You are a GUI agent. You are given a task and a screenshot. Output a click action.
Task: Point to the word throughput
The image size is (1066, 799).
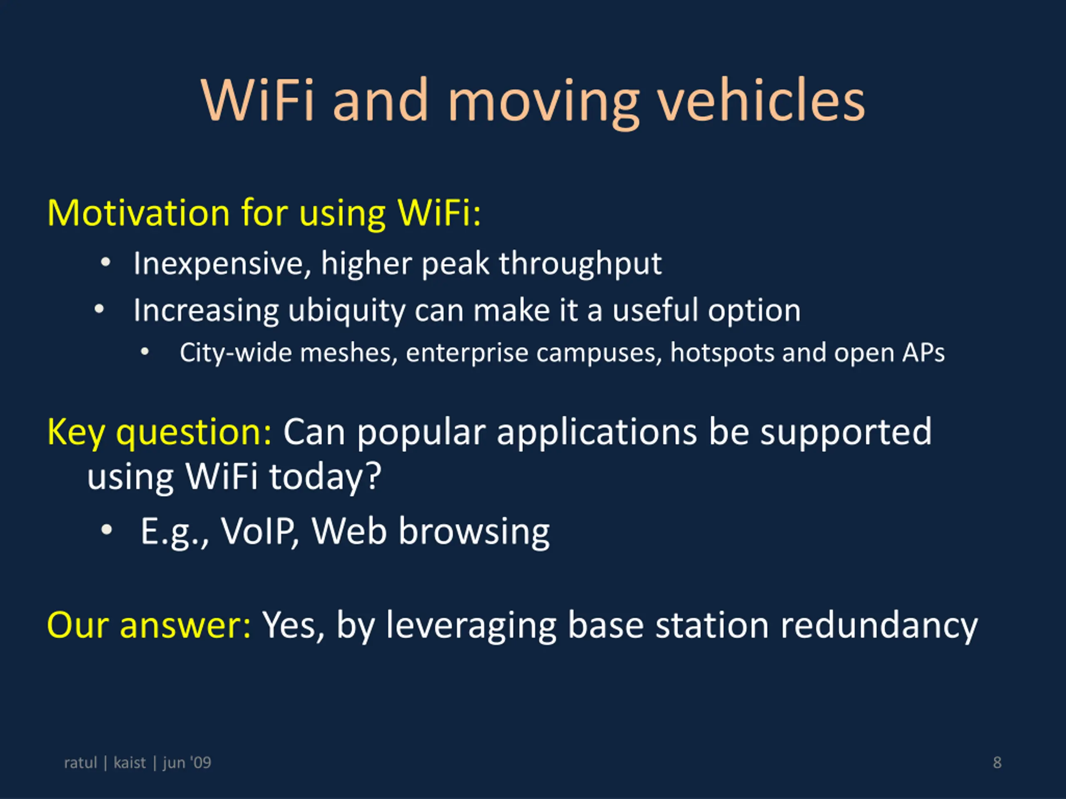(x=580, y=264)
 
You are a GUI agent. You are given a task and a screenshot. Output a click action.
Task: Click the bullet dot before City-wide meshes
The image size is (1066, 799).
(x=144, y=352)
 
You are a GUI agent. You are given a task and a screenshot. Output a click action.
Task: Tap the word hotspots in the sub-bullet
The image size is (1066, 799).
(x=722, y=353)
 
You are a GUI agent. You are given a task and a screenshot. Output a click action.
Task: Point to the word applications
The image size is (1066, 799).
(x=597, y=432)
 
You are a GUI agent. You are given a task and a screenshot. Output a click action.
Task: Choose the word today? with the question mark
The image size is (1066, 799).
(x=325, y=477)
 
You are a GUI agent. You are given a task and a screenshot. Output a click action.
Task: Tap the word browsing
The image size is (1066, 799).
(x=474, y=532)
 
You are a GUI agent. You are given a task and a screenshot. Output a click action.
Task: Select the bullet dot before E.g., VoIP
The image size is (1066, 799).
(x=107, y=530)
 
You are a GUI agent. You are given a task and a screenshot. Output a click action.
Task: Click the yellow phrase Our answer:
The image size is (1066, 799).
(x=149, y=625)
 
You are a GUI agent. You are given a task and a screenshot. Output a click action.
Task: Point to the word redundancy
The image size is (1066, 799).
(x=879, y=626)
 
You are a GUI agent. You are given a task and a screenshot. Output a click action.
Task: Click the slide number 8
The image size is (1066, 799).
(x=997, y=762)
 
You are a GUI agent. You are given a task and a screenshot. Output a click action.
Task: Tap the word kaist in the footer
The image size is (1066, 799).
(x=129, y=762)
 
